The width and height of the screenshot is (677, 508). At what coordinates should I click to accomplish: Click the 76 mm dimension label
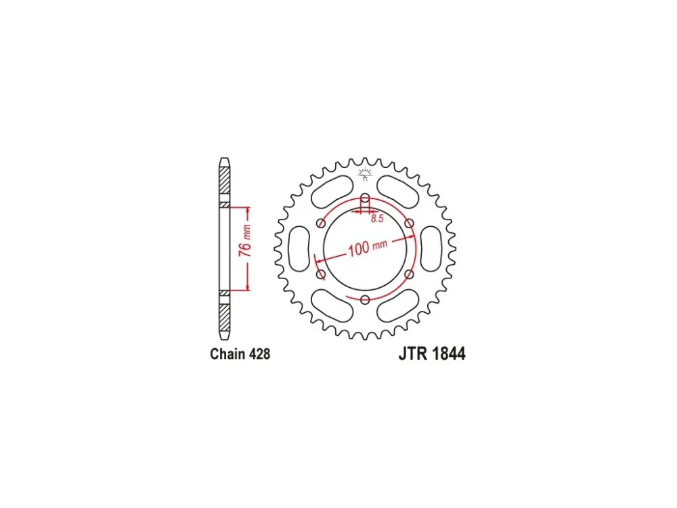pos(245,240)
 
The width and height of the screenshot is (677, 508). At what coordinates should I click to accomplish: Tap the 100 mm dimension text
pos(368,247)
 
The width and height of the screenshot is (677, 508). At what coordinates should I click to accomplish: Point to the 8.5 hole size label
pos(377,219)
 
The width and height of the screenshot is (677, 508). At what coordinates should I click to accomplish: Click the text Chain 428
pos(240,354)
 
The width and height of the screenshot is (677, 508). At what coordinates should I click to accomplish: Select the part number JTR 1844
pos(432,354)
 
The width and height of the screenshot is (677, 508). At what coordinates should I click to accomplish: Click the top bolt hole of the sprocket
pos(366,198)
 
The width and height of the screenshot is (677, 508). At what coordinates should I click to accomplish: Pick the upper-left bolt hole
pos(321,224)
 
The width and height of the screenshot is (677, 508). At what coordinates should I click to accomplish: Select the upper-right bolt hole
pos(410,224)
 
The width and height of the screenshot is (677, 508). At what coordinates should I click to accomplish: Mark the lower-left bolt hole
pos(321,274)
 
